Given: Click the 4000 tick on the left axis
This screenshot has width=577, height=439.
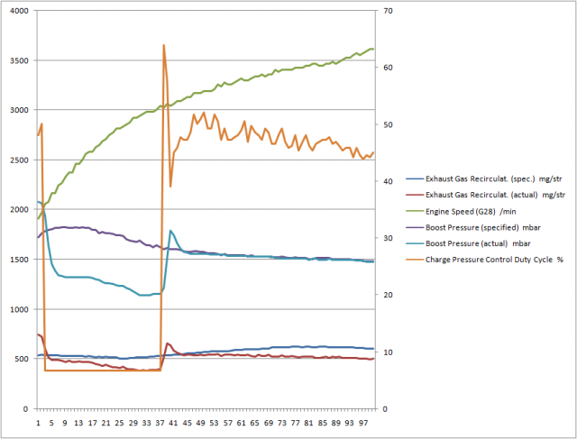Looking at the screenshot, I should pos(18,11).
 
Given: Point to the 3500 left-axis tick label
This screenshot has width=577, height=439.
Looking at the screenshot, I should pos(18,60).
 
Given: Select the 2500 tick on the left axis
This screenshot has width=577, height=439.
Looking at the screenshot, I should pos(18,160).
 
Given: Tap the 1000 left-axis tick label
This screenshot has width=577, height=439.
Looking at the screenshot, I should pos(18,309).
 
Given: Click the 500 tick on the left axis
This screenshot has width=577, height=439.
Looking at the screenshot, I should pos(21,359).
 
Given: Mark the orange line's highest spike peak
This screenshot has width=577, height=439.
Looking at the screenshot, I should pos(163,45).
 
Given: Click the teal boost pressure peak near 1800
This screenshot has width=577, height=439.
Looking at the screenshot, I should pos(170,231).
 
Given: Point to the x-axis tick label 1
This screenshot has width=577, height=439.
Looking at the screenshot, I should pos(38,421).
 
